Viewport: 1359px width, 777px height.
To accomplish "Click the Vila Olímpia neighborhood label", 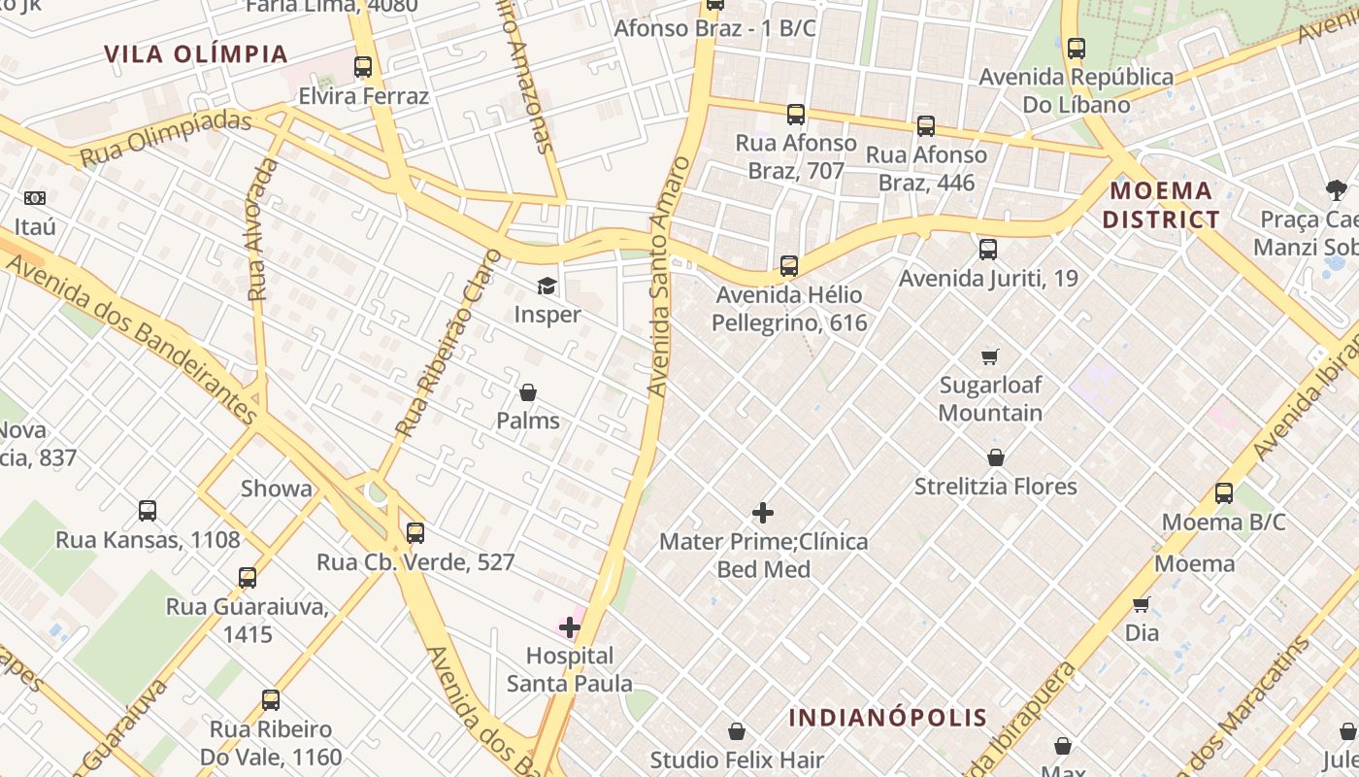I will tap(196, 54).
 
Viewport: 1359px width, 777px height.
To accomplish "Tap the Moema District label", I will tap(1161, 205).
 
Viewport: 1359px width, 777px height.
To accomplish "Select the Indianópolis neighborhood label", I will tap(887, 719).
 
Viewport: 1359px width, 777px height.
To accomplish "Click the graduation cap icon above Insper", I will tap(547, 287).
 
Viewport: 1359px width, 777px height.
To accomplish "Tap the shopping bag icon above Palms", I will tap(528, 392).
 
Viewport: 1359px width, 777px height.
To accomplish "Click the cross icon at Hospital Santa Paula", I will tap(570, 627).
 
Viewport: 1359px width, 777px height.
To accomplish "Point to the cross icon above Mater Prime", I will tap(763, 513).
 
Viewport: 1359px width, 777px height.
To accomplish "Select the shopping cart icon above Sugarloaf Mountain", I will tap(990, 356).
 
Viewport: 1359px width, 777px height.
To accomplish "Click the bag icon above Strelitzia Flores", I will tap(996, 457).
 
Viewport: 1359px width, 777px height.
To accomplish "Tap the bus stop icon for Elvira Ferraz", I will tap(363, 67).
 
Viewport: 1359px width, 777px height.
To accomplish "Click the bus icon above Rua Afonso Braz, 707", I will tap(796, 115).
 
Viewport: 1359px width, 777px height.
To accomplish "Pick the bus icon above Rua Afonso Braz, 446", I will tap(926, 125).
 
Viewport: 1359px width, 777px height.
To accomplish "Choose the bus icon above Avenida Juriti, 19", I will tap(988, 250).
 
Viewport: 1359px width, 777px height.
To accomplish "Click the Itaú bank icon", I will tap(35, 198).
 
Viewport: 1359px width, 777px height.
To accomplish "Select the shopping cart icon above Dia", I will tap(1142, 604).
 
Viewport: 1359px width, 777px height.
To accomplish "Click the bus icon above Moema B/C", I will tap(1224, 493).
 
